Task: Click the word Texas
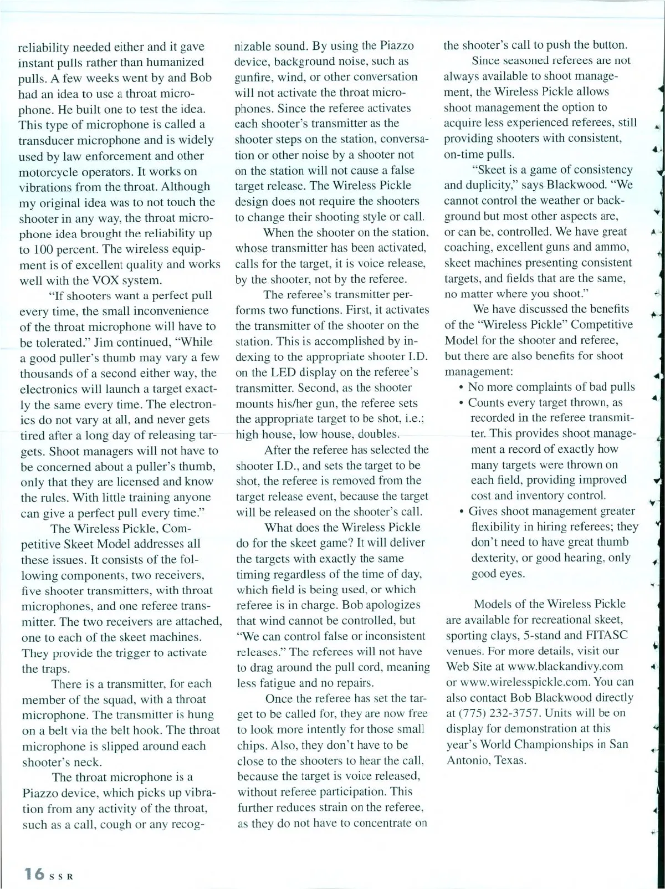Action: (509, 759)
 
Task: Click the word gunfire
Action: (254, 76)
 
